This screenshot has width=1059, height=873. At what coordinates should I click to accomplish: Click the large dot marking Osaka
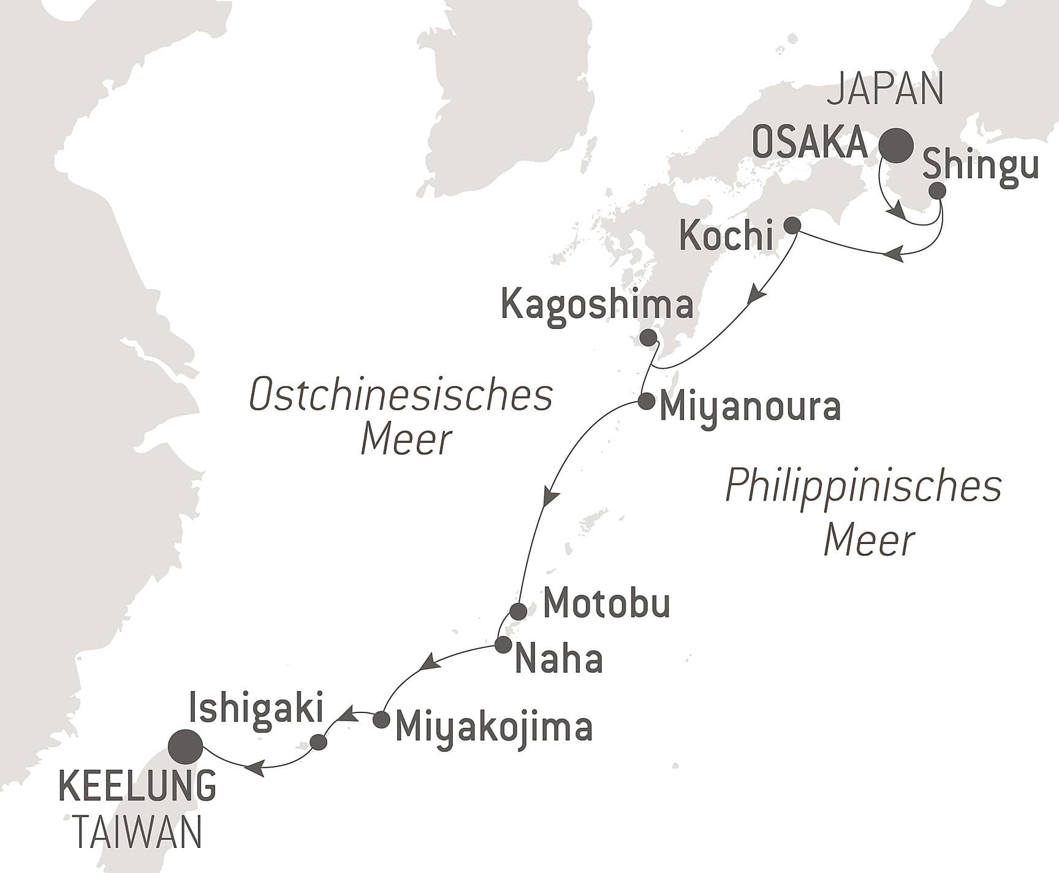(896, 146)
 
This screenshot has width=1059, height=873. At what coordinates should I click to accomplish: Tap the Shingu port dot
(937, 191)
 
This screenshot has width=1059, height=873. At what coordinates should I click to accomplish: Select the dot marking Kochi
(792, 225)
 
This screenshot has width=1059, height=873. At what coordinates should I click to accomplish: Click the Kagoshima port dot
(647, 338)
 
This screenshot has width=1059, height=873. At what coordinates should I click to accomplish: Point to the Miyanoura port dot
(645, 402)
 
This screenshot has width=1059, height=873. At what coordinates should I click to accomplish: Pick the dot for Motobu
(518, 611)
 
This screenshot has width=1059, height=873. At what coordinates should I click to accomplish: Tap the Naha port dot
(503, 644)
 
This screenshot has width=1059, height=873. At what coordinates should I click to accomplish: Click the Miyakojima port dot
(381, 719)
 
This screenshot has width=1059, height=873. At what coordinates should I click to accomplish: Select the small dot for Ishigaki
(319, 743)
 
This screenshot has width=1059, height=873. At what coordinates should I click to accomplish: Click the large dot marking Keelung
(186, 747)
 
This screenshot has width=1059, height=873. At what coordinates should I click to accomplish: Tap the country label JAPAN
(885, 89)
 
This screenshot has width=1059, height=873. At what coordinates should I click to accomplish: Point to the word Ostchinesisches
(401, 396)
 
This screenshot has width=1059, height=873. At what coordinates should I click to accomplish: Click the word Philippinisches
(863, 487)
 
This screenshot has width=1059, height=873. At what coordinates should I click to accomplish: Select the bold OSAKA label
(810, 143)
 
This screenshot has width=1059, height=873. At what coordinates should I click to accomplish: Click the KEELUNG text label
(137, 787)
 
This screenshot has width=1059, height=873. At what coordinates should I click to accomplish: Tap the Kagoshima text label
(597, 304)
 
